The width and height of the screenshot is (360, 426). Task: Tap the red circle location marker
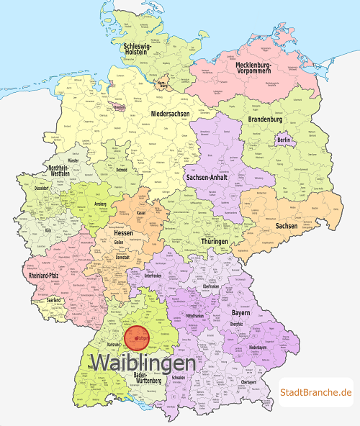[138, 337]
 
